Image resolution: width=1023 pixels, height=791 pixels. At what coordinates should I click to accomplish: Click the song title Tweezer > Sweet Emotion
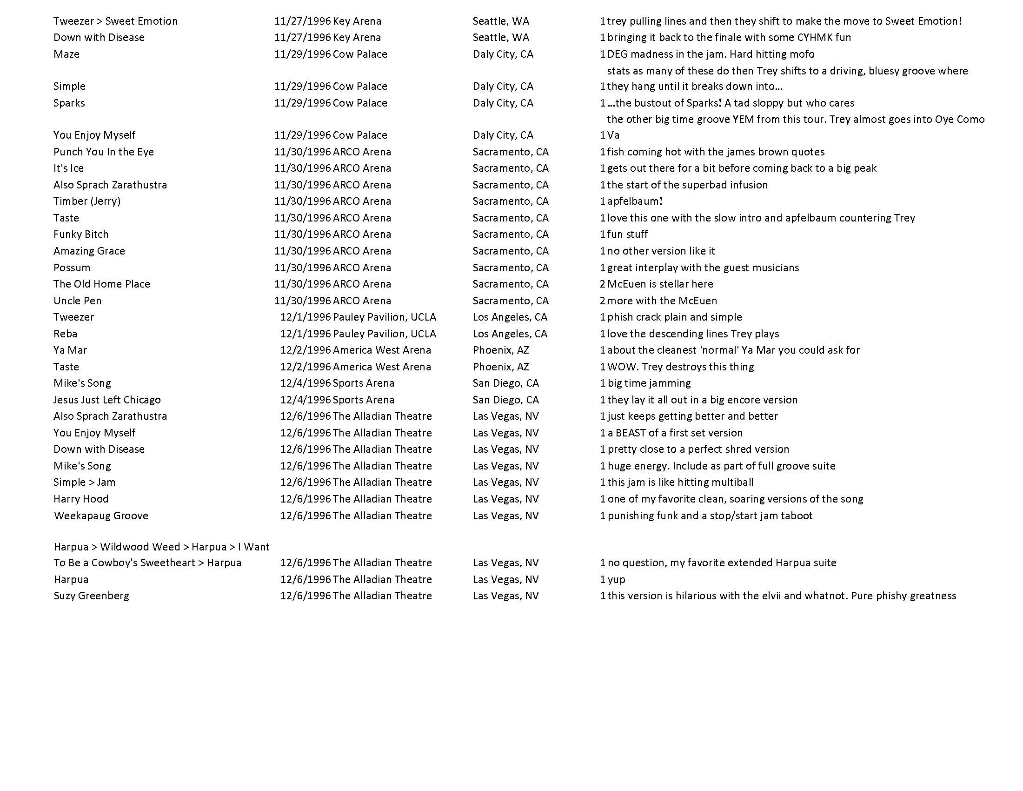pyautogui.click(x=115, y=21)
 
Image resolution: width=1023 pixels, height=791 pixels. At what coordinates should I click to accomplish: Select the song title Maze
pyautogui.click(x=66, y=54)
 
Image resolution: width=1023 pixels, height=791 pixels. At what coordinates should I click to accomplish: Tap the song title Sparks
pyautogui.click(x=69, y=103)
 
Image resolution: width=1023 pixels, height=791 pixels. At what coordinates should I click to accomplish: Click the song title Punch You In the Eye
pyautogui.click(x=104, y=152)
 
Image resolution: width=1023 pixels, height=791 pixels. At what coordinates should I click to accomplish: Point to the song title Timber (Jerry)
pyautogui.click(x=86, y=201)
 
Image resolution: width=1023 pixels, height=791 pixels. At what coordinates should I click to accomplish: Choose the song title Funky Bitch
pyautogui.click(x=80, y=235)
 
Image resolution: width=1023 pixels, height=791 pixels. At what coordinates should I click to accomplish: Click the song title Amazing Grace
pyautogui.click(x=89, y=251)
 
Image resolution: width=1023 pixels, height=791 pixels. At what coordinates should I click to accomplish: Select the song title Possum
pyautogui.click(x=72, y=268)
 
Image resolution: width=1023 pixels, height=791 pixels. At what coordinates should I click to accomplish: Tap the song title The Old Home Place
pyautogui.click(x=102, y=284)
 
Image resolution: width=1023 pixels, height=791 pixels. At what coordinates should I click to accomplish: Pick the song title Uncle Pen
pyautogui.click(x=77, y=301)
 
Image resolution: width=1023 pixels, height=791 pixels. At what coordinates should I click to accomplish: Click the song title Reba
pyautogui.click(x=65, y=334)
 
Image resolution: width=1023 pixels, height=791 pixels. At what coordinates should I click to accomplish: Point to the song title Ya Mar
pyautogui.click(x=70, y=350)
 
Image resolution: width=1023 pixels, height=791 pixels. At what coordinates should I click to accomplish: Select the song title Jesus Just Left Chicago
pyautogui.click(x=107, y=400)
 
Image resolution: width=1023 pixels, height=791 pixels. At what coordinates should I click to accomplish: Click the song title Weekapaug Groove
pyautogui.click(x=101, y=516)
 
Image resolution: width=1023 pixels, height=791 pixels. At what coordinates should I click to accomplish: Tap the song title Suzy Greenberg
pyautogui.click(x=91, y=596)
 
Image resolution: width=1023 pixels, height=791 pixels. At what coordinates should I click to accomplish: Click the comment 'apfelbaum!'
pyautogui.click(x=635, y=201)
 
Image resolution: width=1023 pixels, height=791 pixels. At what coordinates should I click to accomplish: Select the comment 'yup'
pyautogui.click(x=616, y=580)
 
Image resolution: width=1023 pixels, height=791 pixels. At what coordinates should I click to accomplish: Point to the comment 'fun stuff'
pyautogui.click(x=628, y=235)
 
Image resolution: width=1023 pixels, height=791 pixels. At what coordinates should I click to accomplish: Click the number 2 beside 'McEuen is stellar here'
pyautogui.click(x=602, y=284)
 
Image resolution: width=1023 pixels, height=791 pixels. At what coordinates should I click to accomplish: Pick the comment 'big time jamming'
pyautogui.click(x=649, y=383)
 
